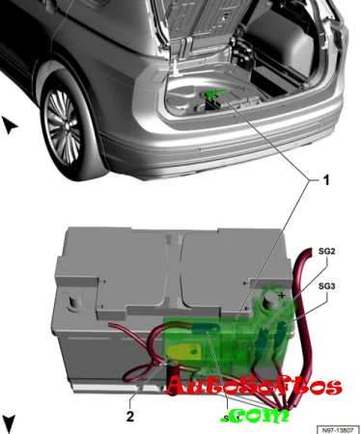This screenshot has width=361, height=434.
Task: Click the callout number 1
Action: [x=326, y=180]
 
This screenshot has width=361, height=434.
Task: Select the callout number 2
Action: [x=130, y=417]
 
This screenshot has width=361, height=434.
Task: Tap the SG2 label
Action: [x=326, y=251]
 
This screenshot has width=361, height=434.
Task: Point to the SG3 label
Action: [x=326, y=285]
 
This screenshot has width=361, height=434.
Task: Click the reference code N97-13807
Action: [x=338, y=430]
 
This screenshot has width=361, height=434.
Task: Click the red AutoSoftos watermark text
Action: [x=254, y=386]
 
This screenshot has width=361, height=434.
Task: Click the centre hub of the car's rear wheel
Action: [x=66, y=126]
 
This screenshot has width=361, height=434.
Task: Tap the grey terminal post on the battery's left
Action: [x=75, y=304]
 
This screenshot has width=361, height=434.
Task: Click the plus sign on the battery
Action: [x=282, y=295]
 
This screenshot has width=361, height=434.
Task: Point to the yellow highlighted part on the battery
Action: [x=183, y=353]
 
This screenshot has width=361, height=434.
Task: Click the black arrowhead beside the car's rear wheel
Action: [x=10, y=125]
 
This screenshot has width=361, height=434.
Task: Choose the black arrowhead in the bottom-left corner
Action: [x=9, y=423]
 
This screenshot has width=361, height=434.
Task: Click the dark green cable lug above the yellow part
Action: [x=207, y=329]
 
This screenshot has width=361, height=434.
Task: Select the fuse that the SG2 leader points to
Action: [x=264, y=336]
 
